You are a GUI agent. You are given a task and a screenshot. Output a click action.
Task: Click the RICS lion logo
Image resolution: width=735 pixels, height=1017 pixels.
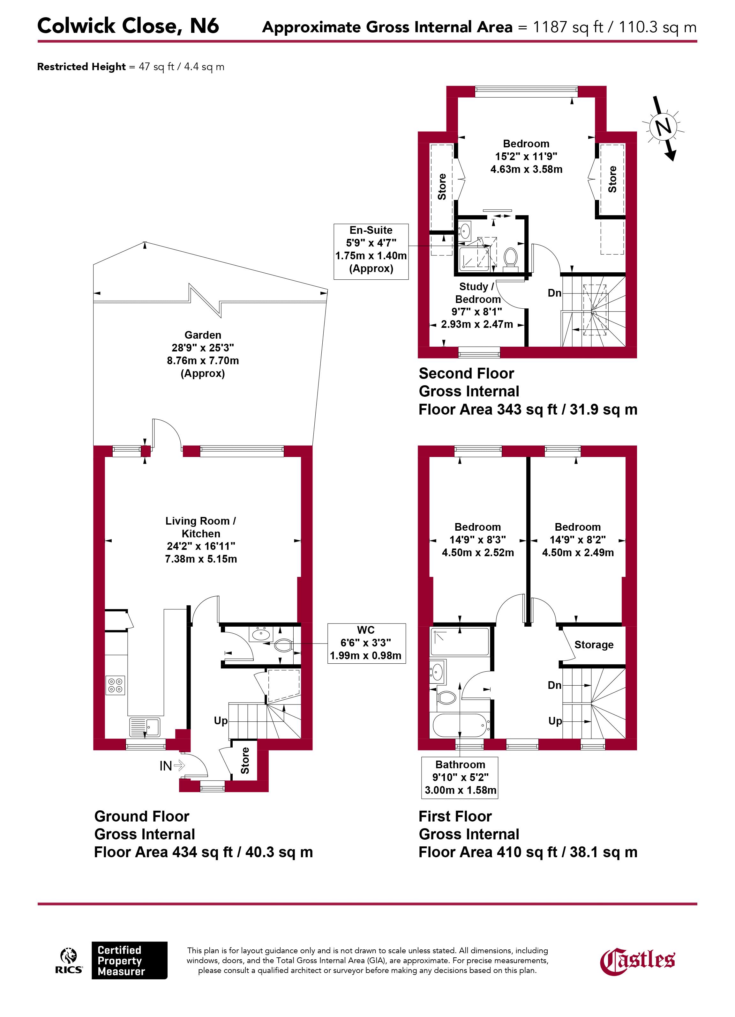(69, 961)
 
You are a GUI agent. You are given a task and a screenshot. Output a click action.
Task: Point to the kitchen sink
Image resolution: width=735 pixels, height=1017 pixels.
(145, 727)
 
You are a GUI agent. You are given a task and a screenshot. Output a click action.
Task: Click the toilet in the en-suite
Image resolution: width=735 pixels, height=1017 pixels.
(511, 258)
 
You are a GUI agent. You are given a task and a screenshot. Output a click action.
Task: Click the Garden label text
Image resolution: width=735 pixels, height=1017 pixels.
(203, 335)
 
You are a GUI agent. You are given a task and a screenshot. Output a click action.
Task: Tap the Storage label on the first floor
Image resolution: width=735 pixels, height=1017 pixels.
(594, 645)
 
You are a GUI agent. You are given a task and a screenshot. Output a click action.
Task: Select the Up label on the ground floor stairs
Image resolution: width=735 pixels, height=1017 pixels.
(221, 721)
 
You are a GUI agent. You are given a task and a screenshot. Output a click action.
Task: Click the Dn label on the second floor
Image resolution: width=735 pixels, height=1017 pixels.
(555, 293)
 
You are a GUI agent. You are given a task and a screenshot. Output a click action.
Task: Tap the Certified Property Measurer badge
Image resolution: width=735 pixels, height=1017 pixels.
(129, 961)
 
